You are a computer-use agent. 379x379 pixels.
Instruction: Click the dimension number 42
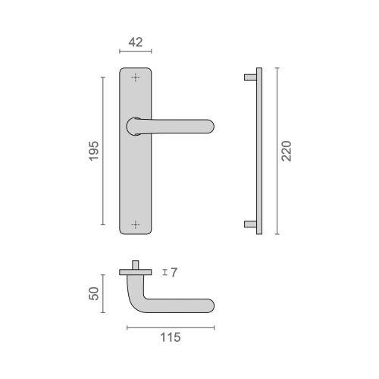tap(136, 42)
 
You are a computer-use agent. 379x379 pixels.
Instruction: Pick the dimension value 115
tap(171, 339)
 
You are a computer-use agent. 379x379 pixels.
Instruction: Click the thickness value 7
tap(174, 272)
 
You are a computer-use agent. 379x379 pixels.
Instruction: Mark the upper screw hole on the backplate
tap(136, 77)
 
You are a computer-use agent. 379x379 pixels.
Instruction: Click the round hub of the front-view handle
tap(135, 126)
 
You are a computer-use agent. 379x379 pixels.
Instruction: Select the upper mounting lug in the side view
tap(249, 77)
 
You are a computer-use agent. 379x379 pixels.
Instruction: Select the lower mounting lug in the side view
tap(249, 224)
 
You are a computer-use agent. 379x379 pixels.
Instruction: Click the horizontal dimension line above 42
tap(136, 52)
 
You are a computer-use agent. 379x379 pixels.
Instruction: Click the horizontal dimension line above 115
tap(171, 327)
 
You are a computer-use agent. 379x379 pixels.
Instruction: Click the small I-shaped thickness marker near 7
tap(164, 272)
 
